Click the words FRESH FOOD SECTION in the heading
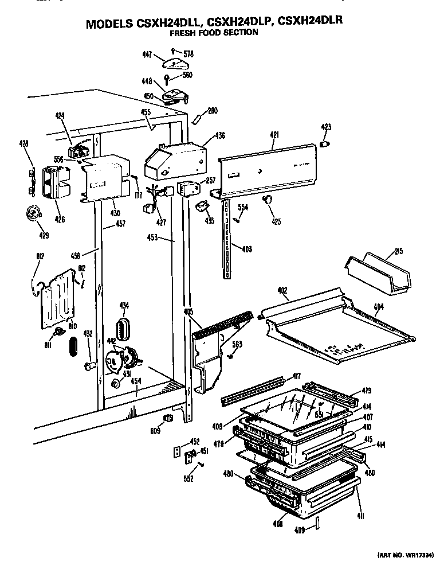pyautogui.click(x=214, y=33)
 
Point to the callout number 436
pyautogui.click(x=220, y=136)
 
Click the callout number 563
pyautogui.click(x=237, y=345)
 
